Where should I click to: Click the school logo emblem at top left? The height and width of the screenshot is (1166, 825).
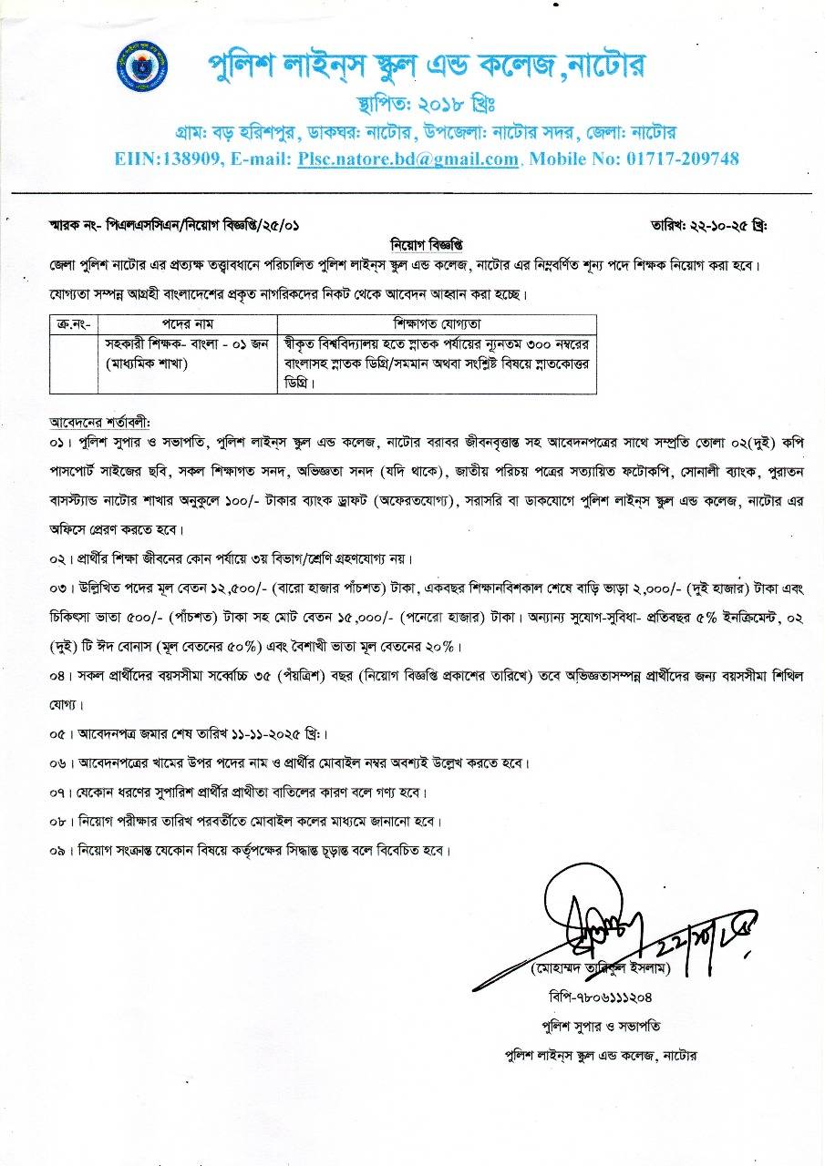[x=143, y=66]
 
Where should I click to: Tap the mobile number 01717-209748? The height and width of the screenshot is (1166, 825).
[x=683, y=159]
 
